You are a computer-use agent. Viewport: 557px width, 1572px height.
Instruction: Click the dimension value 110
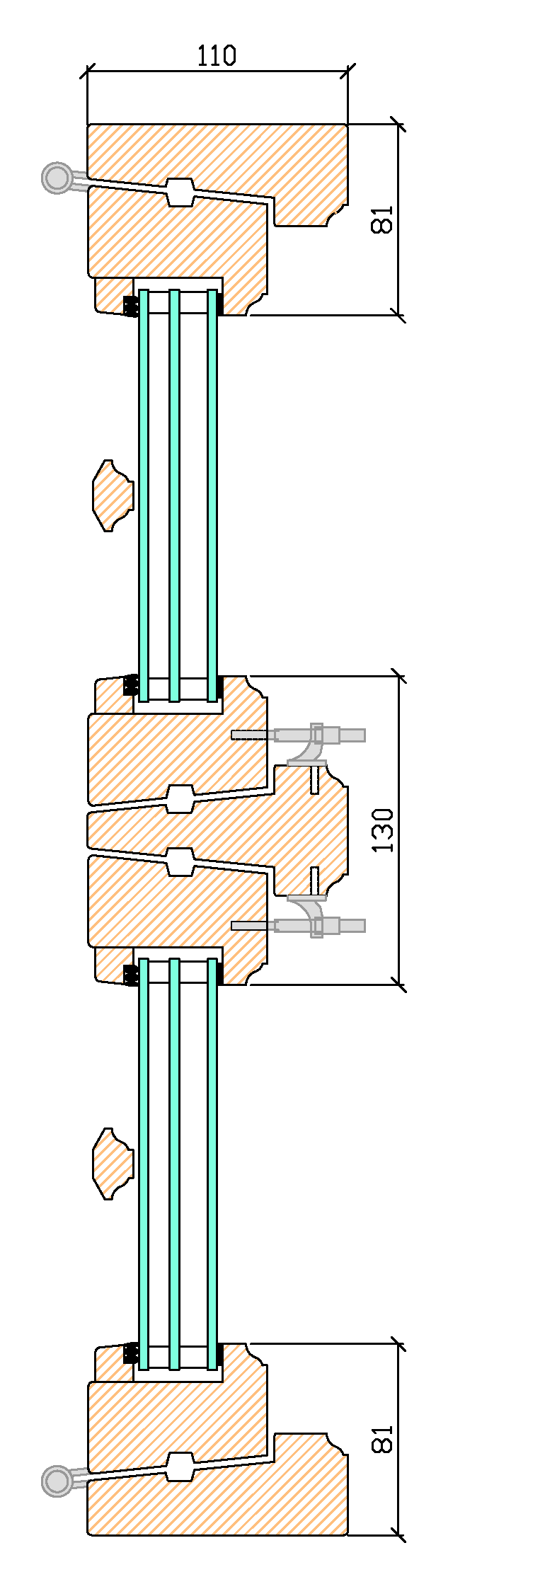(216, 56)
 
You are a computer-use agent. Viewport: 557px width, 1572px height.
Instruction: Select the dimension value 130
(383, 830)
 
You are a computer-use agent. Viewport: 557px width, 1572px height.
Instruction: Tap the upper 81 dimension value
(383, 219)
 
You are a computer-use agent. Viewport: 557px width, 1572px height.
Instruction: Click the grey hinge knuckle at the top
(57, 177)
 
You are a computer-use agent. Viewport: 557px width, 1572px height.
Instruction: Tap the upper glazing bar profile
(112, 495)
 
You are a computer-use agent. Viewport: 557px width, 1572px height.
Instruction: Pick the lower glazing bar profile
(112, 1164)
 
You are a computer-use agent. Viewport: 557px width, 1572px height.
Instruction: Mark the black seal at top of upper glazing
(130, 306)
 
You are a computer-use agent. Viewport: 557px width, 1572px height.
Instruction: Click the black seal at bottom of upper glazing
(130, 684)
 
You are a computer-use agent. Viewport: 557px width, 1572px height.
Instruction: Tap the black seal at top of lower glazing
(130, 975)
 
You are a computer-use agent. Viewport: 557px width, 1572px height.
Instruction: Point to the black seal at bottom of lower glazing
(130, 1353)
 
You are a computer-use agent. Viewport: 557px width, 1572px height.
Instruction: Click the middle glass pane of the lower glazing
(174, 1161)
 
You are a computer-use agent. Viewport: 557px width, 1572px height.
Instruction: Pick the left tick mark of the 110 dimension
(88, 70)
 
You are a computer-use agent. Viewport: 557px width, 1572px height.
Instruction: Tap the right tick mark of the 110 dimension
(348, 70)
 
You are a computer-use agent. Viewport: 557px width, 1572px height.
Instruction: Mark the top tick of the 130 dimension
(400, 677)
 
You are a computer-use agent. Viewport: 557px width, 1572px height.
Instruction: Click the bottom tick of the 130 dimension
(400, 985)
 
